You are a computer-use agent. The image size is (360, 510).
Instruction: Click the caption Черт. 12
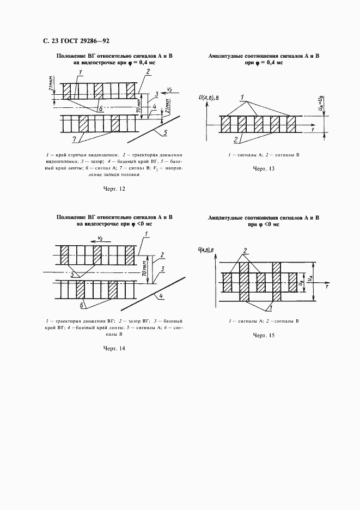(114, 189)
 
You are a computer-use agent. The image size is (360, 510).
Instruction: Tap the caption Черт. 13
(263, 169)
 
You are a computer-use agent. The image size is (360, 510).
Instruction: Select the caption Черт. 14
(114, 348)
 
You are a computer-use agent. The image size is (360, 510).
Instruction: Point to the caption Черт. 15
(263, 336)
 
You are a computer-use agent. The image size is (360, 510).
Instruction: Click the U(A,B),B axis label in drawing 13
(209, 98)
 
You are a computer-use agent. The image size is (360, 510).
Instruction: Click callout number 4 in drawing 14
(162, 297)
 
